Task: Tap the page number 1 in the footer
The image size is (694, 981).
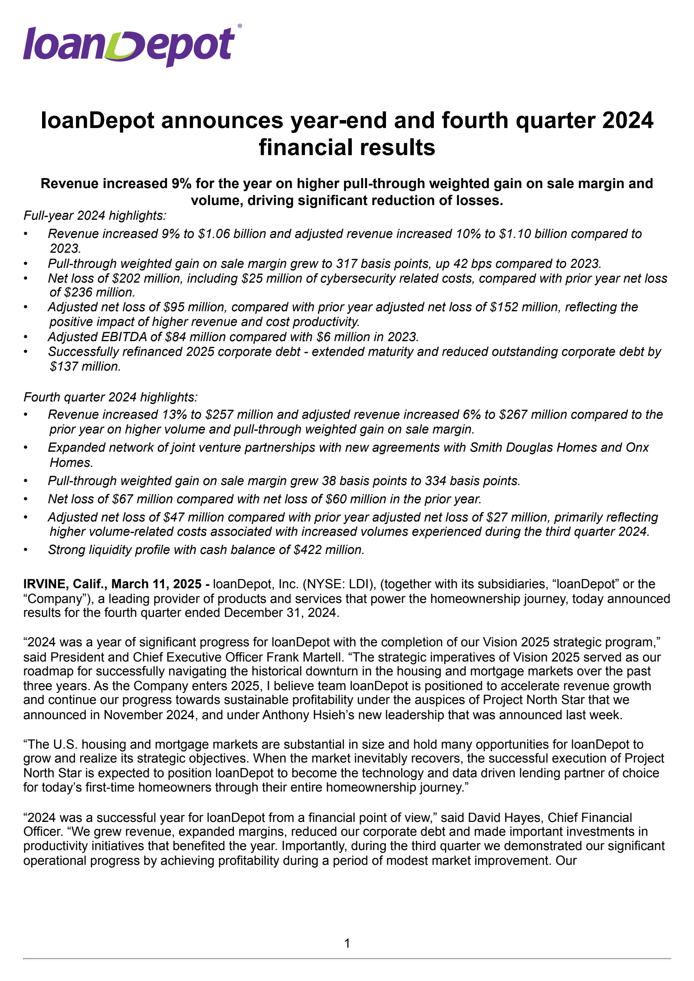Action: tap(347, 943)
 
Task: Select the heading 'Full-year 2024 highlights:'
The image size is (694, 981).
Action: tap(95, 215)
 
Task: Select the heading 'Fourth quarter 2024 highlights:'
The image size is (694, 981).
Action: tap(110, 397)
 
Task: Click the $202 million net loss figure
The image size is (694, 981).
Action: tap(142, 278)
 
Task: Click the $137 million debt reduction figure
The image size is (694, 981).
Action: tap(85, 367)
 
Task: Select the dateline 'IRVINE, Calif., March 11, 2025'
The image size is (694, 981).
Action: tap(112, 584)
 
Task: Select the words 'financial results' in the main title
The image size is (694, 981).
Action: tap(347, 147)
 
